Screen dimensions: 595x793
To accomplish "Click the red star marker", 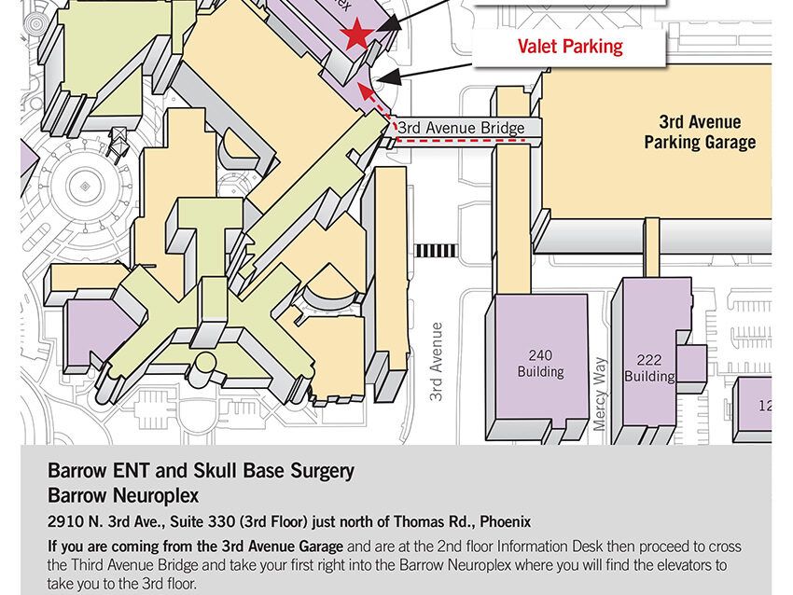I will [355, 36].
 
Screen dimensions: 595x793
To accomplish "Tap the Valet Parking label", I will [570, 46].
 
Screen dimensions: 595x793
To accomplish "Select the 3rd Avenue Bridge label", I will [461, 128].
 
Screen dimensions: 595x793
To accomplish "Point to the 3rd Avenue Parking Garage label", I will [700, 132].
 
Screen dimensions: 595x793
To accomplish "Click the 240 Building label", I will [540, 363].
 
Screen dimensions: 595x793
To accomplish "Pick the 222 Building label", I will [649, 367].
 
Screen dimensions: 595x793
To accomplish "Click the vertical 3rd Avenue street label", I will [436, 362].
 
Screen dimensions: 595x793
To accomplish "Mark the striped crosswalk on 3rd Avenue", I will [436, 250].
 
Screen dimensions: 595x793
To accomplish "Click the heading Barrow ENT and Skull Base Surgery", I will [201, 471].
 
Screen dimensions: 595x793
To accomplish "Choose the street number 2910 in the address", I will [64, 521].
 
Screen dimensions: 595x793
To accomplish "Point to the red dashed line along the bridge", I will [462, 141].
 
